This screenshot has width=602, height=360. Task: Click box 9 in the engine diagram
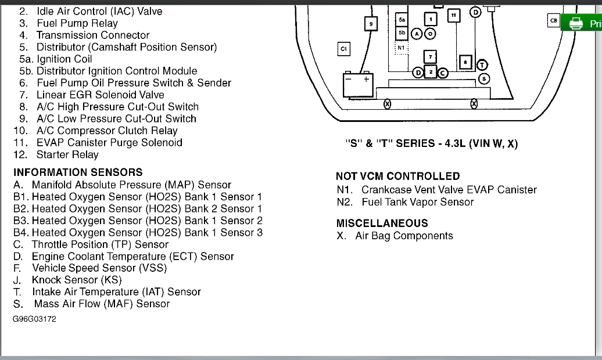pyautogui.click(x=371, y=24)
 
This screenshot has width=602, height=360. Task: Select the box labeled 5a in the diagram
pyautogui.click(x=402, y=20)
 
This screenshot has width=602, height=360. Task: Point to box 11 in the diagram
pyautogui.click(x=453, y=16)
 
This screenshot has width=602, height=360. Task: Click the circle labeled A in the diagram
pyautogui.click(x=417, y=34)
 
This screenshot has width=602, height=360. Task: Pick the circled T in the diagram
pyautogui.click(x=483, y=64)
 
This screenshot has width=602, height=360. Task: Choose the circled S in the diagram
pyautogui.click(x=483, y=78)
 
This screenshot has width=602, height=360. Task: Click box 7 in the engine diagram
pyautogui.click(x=430, y=57)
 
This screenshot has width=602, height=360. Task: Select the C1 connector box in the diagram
pyautogui.click(x=343, y=49)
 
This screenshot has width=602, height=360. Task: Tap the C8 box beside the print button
pyautogui.click(x=553, y=21)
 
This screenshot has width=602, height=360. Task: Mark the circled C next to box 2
pyautogui.click(x=443, y=73)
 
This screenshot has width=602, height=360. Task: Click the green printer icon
pyautogui.click(x=576, y=23)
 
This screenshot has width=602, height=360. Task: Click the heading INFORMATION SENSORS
pyautogui.click(x=78, y=172)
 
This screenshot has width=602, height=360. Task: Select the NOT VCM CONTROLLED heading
pyautogui.click(x=397, y=176)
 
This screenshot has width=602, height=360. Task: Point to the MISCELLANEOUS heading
pyautogui.click(x=382, y=223)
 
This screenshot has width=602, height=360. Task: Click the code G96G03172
pyautogui.click(x=35, y=319)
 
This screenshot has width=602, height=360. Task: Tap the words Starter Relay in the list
pyautogui.click(x=67, y=154)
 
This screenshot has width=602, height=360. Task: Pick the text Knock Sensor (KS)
pyautogui.click(x=77, y=280)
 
